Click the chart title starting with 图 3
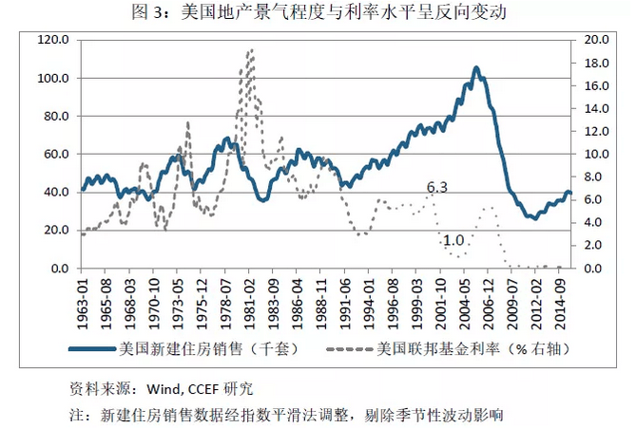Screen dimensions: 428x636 (318, 12)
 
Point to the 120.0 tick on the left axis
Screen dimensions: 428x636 (53, 40)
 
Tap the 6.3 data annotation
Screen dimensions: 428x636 (436, 188)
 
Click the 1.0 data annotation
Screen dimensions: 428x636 (453, 241)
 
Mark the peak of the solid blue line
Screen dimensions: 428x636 (476, 68)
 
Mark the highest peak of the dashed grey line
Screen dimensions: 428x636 (250, 50)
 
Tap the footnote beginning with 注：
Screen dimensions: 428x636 (285, 415)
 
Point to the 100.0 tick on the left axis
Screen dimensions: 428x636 (53, 78)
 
